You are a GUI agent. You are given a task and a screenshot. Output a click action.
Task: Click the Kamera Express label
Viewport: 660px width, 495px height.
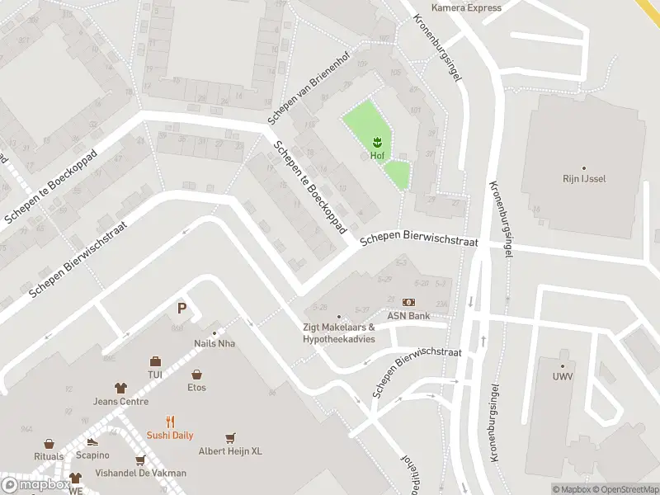466,8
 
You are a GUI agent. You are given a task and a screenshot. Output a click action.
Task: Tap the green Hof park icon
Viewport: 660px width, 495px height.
377,141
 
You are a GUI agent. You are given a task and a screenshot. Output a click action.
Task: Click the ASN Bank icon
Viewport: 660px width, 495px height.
409,303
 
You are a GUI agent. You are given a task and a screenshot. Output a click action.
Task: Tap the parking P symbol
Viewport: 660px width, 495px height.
181,309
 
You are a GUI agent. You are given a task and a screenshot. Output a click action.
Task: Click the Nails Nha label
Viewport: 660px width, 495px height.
214,343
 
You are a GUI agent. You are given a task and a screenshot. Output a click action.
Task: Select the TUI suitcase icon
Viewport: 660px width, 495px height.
155,361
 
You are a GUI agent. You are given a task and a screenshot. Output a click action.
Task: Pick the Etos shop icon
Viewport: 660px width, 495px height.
196,375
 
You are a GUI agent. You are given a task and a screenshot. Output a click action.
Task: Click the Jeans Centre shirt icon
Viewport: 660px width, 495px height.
120,388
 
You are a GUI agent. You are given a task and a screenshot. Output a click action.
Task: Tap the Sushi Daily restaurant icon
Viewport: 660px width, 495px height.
171,422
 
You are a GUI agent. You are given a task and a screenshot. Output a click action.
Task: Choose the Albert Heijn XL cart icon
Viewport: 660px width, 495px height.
230,437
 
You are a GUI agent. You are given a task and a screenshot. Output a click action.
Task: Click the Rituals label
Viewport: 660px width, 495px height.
49,456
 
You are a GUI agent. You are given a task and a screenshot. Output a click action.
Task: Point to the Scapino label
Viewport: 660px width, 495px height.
92,455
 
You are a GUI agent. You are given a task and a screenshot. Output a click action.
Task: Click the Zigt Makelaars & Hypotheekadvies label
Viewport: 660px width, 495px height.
338,333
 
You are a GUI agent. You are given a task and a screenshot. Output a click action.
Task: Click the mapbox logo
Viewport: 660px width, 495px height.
35,485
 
